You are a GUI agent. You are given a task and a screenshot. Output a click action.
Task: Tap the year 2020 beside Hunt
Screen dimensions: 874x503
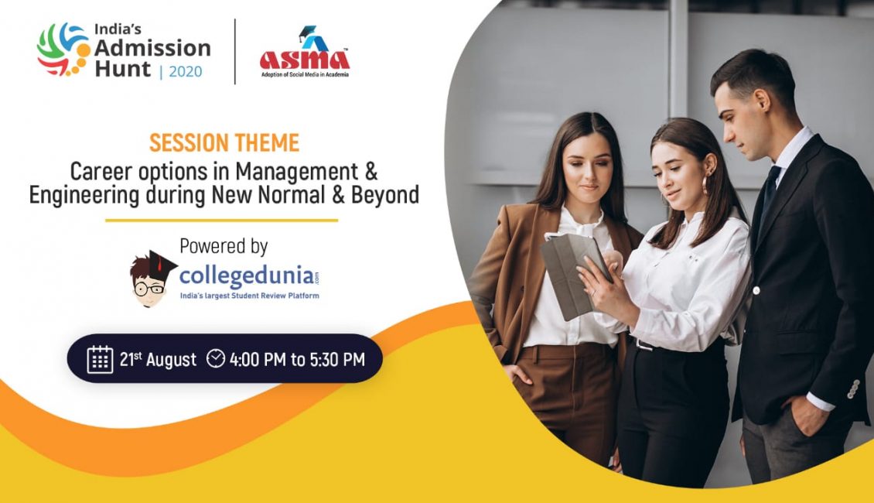pos(186,71)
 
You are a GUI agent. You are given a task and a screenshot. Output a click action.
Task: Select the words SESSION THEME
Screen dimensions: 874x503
pos(224,142)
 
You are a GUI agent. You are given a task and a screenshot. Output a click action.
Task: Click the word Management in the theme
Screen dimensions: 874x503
pos(296,172)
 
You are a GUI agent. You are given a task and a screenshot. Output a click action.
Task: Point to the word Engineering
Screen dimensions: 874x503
pos(84,197)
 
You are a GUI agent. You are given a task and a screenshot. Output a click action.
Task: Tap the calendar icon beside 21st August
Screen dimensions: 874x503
pos(101,358)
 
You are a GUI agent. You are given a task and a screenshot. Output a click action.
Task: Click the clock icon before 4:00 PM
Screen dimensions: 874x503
pos(216,358)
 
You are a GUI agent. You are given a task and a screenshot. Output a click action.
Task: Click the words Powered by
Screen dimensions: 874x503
pos(224,247)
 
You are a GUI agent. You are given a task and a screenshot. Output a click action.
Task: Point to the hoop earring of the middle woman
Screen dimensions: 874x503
pos(707,185)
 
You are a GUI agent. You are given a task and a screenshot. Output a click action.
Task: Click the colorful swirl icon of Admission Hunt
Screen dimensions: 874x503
pos(63,50)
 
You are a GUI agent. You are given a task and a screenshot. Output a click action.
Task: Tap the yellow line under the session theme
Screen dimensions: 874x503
pos(222,221)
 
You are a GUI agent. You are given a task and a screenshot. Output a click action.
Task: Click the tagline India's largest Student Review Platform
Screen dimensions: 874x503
pos(249,296)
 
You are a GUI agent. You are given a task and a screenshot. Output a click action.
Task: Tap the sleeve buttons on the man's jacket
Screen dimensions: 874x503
pos(853,388)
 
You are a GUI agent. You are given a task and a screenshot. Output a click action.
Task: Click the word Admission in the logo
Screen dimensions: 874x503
pos(152,48)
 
